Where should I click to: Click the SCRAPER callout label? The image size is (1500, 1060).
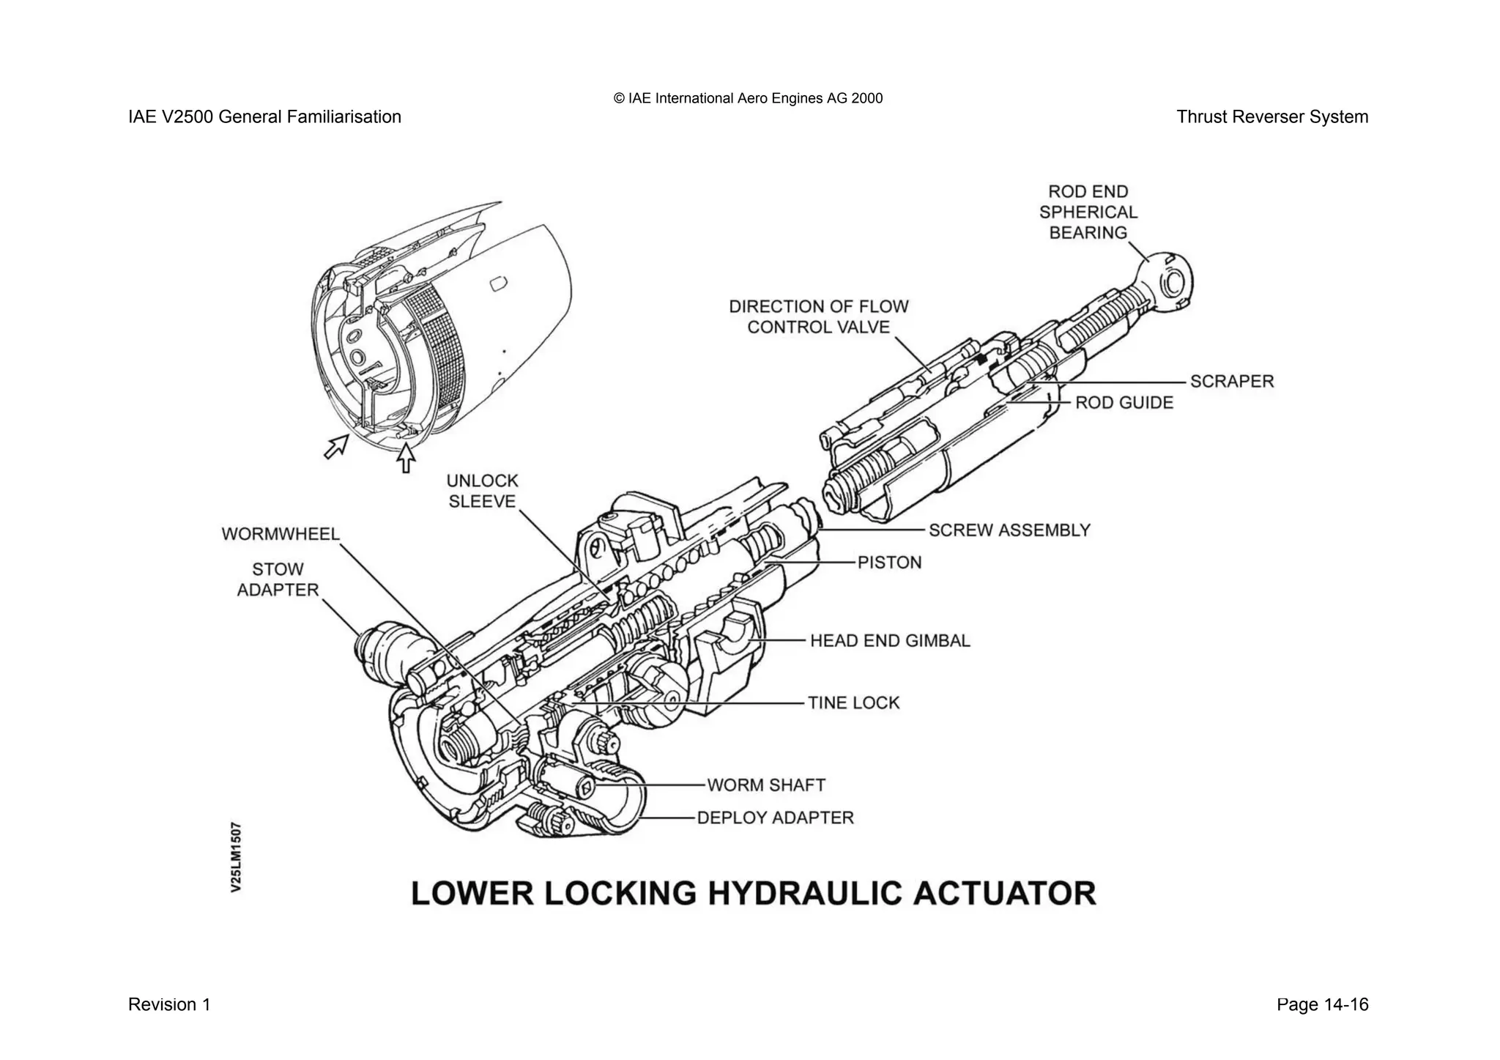[x=1231, y=381]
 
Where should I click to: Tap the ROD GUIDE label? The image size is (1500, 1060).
[x=1124, y=402]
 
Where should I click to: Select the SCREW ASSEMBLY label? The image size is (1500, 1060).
[x=1009, y=530]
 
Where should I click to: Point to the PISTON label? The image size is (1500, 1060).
[x=889, y=562]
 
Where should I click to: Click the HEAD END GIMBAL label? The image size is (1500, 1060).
[x=889, y=640]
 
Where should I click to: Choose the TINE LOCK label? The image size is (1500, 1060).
[x=853, y=703]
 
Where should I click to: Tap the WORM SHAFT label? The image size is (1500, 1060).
[x=765, y=785]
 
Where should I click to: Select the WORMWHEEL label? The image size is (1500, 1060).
[x=281, y=533]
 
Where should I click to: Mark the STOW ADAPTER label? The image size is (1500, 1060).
[x=278, y=579]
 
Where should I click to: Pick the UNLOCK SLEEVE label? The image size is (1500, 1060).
[x=482, y=491]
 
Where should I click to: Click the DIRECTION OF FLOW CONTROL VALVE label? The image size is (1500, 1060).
[x=818, y=316]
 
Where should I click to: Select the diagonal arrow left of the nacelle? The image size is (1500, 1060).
[x=337, y=445]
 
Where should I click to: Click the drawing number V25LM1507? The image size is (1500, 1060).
[x=236, y=857]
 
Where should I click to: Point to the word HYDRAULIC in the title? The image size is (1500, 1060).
[x=837, y=894]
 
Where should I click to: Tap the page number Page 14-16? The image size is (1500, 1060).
[x=1321, y=1004]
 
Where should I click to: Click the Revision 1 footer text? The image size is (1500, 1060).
[x=169, y=1004]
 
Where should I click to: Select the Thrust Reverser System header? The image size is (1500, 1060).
[x=1271, y=116]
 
